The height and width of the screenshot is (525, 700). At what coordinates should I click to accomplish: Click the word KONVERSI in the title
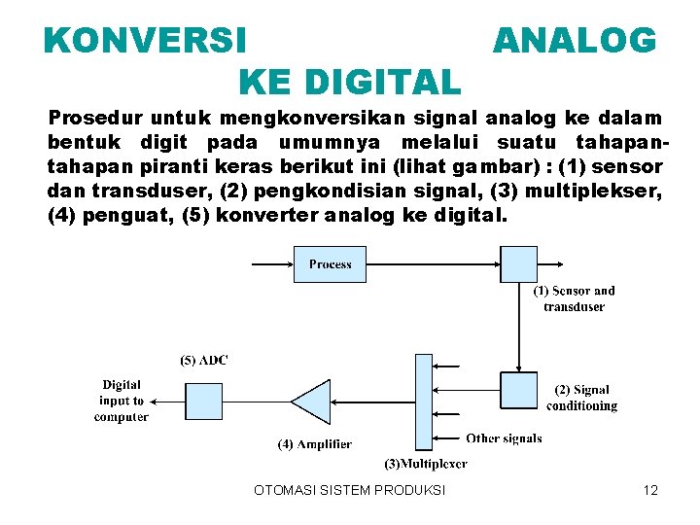[146, 41]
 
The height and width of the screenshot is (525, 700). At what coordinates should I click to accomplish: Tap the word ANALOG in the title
[575, 41]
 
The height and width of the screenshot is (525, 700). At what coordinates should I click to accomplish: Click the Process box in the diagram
[330, 264]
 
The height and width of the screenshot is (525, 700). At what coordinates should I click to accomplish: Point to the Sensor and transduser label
[574, 298]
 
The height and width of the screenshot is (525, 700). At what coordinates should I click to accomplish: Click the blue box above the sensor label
[518, 264]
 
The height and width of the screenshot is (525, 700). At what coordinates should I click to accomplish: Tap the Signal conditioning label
[581, 398]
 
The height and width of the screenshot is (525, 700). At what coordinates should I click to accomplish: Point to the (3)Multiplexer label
[426, 465]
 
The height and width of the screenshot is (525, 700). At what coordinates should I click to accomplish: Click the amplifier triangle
[314, 402]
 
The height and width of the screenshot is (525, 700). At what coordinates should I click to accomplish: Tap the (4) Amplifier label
[314, 444]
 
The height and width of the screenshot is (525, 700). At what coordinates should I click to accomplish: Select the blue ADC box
[202, 402]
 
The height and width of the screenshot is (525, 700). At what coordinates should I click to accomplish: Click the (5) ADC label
[203, 361]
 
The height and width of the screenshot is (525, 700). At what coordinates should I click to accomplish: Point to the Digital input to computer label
[122, 401]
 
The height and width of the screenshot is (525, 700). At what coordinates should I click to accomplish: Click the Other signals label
[504, 438]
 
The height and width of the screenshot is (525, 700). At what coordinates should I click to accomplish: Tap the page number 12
[650, 490]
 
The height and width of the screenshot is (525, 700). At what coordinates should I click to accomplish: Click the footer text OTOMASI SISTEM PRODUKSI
[349, 490]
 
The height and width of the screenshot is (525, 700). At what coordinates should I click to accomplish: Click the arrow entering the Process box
[272, 264]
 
